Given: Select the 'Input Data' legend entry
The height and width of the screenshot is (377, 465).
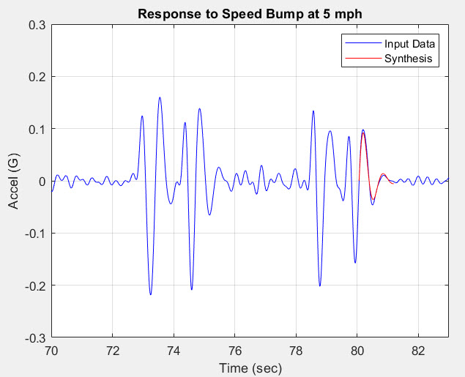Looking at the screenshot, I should click(409, 44).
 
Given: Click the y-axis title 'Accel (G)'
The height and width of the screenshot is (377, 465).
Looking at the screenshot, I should click(15, 182).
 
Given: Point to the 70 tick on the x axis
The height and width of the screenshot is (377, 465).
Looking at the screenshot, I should click(51, 351).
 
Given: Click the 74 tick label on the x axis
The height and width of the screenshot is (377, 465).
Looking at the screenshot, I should click(174, 351).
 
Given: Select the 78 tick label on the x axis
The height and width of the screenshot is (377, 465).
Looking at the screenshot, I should click(296, 351).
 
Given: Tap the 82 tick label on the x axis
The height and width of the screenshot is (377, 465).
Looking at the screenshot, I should click(418, 351).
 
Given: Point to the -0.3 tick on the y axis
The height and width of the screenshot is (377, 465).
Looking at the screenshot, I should click(34, 338).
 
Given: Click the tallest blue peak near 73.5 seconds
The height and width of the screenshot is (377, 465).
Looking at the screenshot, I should click(159, 97).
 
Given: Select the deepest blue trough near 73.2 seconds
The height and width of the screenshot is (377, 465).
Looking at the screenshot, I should click(150, 294).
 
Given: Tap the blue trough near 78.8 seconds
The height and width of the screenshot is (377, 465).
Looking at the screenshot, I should click(320, 285).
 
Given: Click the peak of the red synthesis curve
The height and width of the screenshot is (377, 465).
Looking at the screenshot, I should click(362, 134).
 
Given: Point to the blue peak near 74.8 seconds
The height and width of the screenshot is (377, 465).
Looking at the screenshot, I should click(199, 109).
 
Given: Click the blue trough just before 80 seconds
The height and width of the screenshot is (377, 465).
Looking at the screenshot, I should click(355, 263).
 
